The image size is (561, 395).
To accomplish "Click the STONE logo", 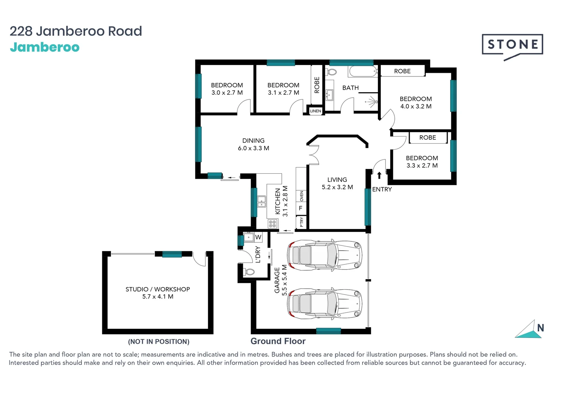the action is pyautogui.click(x=512, y=46).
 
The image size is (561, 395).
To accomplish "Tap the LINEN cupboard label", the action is pyautogui.click(x=315, y=111).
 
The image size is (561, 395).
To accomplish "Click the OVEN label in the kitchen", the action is pyautogui.click(x=302, y=196).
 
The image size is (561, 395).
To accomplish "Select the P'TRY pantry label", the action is pyautogui.click(x=301, y=222).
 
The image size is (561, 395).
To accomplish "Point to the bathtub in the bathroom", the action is pyautogui.click(x=363, y=71).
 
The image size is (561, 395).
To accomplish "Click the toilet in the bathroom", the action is pyautogui.click(x=331, y=72).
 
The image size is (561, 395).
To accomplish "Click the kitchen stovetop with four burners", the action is pyautogui.click(x=273, y=223).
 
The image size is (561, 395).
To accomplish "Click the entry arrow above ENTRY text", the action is pyautogui.click(x=379, y=175).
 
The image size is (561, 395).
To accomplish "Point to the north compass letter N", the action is pyautogui.click(x=541, y=328).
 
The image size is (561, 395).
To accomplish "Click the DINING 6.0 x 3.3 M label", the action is pyautogui.click(x=253, y=144).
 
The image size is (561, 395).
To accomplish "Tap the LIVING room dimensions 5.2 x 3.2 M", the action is pyautogui.click(x=337, y=187).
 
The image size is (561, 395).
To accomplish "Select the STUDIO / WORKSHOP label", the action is pyautogui.click(x=158, y=289).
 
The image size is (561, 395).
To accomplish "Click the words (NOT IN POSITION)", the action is pyautogui.click(x=159, y=342).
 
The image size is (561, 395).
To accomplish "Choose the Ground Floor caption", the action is pyautogui.click(x=278, y=341).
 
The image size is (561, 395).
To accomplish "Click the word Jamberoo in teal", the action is pyautogui.click(x=45, y=48).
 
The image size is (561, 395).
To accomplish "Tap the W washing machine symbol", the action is pyautogui.click(x=258, y=237).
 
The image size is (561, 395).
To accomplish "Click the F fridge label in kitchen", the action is pyautogui.click(x=300, y=208).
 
